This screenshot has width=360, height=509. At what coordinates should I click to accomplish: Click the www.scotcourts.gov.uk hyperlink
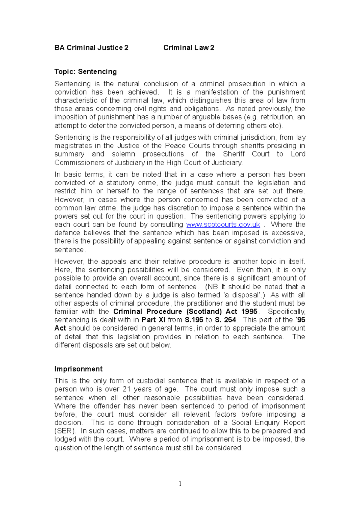(x=223, y=225)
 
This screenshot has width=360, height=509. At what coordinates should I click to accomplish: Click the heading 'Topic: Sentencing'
(x=85, y=72)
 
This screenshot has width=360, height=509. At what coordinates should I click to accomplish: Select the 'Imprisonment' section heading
(x=78, y=369)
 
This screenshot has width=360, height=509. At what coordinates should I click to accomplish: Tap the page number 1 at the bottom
(x=180, y=484)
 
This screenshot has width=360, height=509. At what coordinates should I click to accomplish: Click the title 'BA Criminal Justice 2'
(x=91, y=48)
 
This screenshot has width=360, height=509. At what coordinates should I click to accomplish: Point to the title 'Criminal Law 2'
(x=189, y=48)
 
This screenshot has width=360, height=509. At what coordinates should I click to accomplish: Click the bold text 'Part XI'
(x=153, y=320)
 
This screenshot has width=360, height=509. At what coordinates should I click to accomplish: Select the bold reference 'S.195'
(x=194, y=320)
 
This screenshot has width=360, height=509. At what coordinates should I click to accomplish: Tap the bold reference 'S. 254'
(x=226, y=320)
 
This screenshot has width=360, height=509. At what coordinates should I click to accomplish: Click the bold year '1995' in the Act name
(x=249, y=311)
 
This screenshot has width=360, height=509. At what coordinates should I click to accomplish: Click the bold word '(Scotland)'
(x=204, y=311)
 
